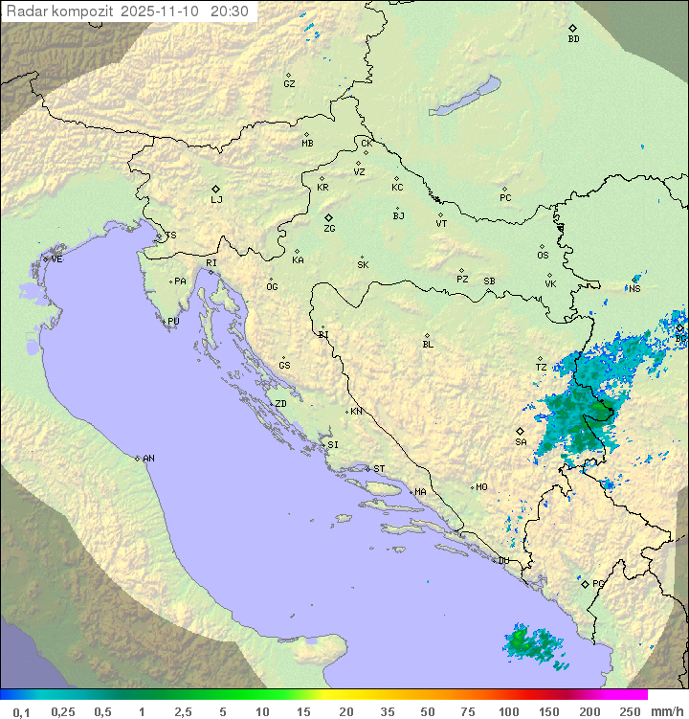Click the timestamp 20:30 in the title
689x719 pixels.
(229, 11)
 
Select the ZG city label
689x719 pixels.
(329, 229)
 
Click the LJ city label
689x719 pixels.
(216, 199)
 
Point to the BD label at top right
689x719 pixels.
(573, 39)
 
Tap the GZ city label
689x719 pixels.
(289, 83)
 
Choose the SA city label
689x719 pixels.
(521, 441)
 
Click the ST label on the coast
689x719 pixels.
(379, 468)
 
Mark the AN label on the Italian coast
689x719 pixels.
(148, 459)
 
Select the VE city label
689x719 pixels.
(56, 258)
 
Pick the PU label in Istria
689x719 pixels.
(173, 322)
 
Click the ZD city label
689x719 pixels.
(280, 404)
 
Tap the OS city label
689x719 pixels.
(543, 256)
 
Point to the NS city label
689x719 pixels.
(635, 288)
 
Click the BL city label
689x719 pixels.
(428, 344)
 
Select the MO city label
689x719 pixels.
(481, 486)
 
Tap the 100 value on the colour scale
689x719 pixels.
(508, 711)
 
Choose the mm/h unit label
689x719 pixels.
(663, 711)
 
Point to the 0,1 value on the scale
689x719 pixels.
(21, 711)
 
